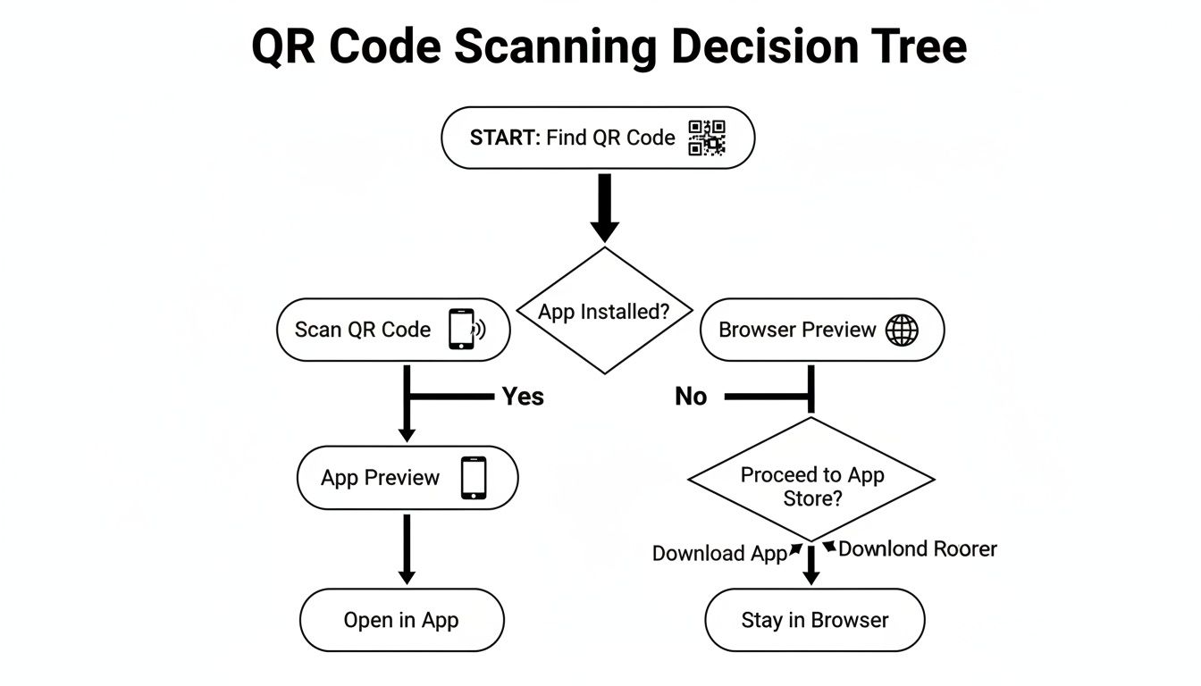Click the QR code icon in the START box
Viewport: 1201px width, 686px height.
(x=707, y=138)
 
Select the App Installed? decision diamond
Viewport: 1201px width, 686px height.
(x=605, y=311)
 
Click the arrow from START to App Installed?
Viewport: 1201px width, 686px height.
(x=605, y=207)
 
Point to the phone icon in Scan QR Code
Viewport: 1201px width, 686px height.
(x=462, y=329)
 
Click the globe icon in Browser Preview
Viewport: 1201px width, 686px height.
(x=901, y=330)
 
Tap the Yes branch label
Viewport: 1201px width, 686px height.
(x=523, y=396)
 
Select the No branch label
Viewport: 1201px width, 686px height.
(x=691, y=396)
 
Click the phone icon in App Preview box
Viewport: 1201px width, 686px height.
(x=474, y=477)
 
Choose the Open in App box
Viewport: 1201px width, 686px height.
(x=401, y=620)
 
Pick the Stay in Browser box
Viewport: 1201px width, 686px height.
(x=814, y=620)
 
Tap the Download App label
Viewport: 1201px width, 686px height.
(x=719, y=553)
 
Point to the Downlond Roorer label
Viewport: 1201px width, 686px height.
(x=917, y=548)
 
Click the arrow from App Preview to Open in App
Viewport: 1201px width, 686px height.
(x=407, y=549)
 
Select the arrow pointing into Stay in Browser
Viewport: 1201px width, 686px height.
(x=810, y=566)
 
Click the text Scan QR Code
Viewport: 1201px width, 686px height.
(x=363, y=330)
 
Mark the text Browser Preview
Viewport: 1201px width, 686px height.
(x=797, y=330)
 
